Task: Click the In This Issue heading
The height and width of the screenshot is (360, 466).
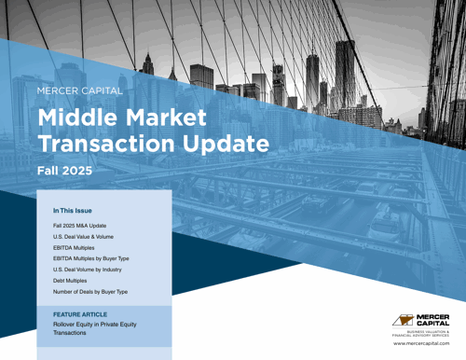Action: pos(72,211)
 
